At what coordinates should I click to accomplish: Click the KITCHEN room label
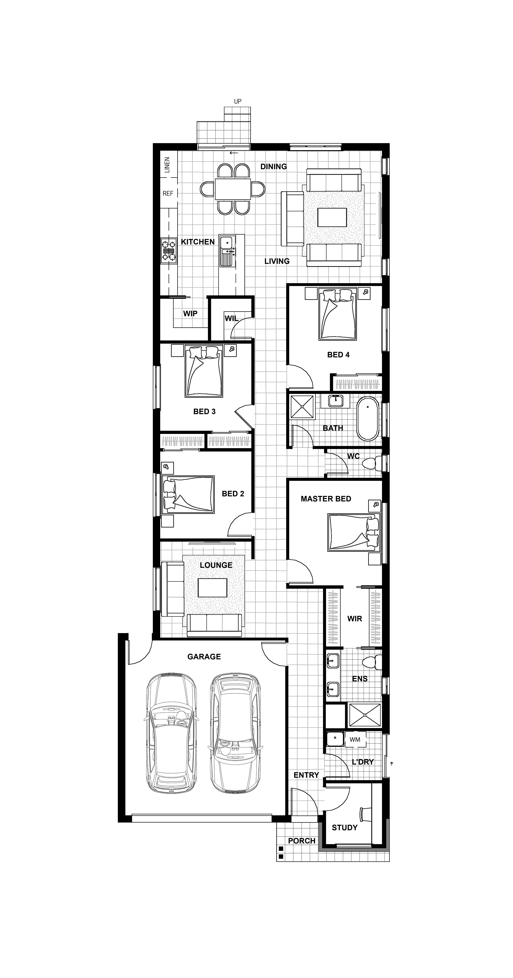click(198, 242)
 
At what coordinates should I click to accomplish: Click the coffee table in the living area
click(332, 217)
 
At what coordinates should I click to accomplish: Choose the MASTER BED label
click(326, 499)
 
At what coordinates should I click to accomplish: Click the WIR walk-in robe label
click(355, 619)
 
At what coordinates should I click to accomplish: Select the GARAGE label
click(204, 656)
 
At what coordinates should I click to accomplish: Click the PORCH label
click(302, 841)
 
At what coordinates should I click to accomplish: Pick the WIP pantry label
click(190, 314)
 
